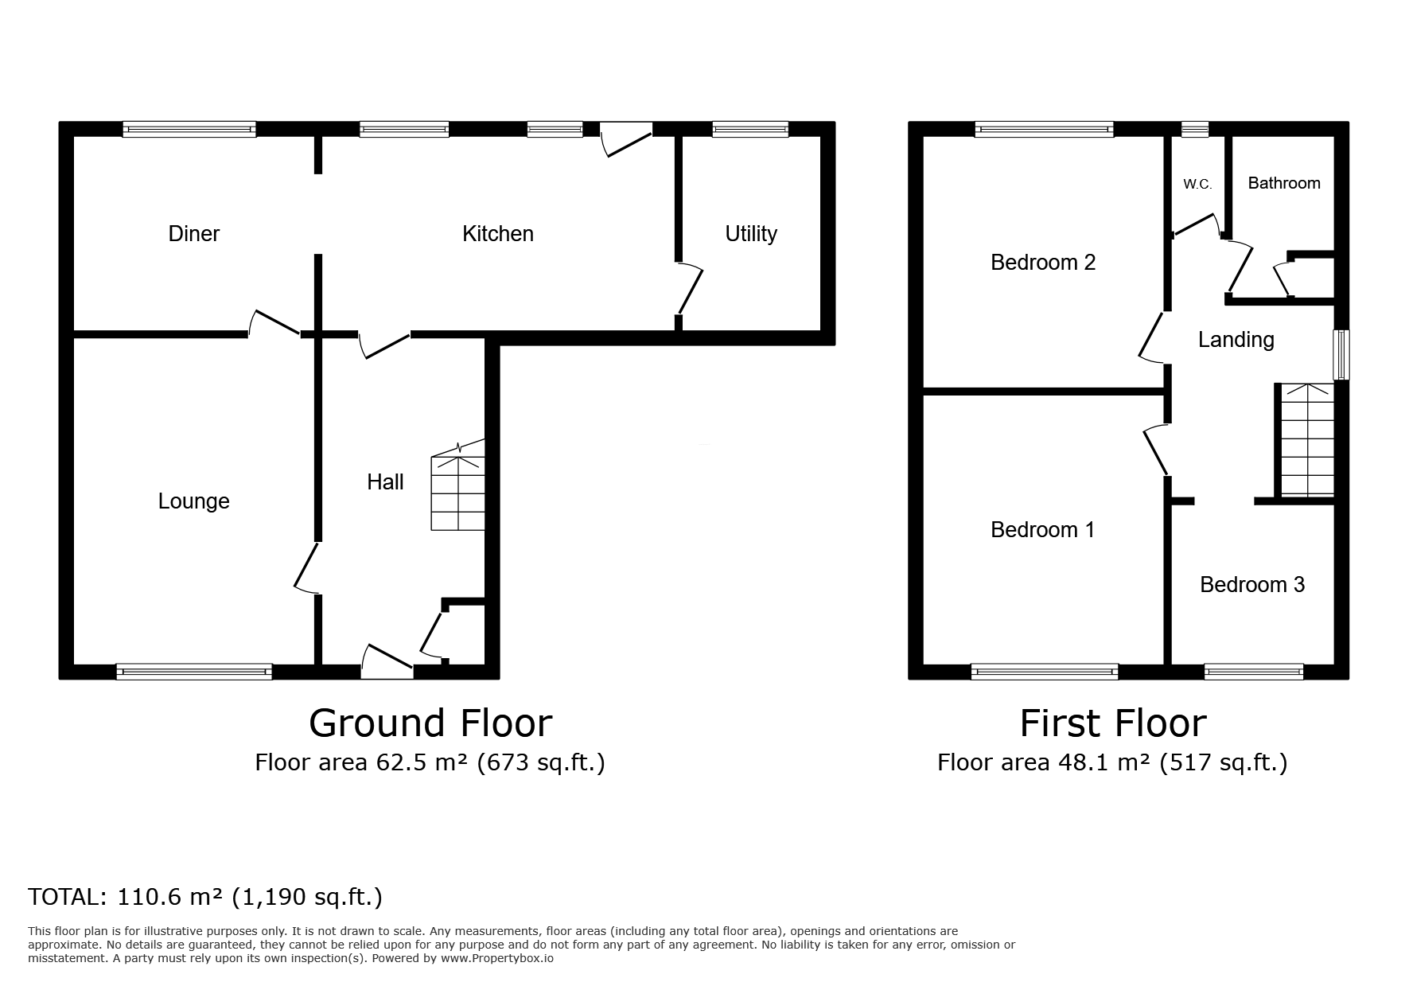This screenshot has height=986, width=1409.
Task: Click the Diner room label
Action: [x=194, y=233]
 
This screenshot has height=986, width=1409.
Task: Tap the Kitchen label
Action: [x=498, y=233]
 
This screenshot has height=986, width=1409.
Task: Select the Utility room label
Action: [x=751, y=234]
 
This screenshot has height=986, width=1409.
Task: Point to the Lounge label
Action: [x=194, y=501]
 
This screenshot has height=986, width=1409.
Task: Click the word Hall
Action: [x=386, y=481]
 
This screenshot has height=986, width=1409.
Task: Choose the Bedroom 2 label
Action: [x=1043, y=262]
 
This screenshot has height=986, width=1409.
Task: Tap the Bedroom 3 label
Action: [x=1252, y=585]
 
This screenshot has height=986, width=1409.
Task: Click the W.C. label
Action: [x=1197, y=185]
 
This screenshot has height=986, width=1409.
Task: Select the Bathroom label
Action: [x=1284, y=183]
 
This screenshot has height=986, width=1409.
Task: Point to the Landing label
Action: [x=1236, y=340]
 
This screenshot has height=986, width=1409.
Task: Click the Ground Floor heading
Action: [x=430, y=723]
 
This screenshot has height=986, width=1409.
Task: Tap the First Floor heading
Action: [x=1113, y=723]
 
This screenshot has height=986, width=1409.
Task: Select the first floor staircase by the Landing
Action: [x=1306, y=440]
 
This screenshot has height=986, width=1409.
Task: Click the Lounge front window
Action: [x=194, y=672]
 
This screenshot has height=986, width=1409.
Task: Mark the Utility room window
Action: [x=750, y=129]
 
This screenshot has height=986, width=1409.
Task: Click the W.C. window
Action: [x=1194, y=129]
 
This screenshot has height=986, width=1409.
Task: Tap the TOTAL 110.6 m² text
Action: [x=205, y=897]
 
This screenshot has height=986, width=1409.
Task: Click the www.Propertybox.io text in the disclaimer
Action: [x=497, y=959]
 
